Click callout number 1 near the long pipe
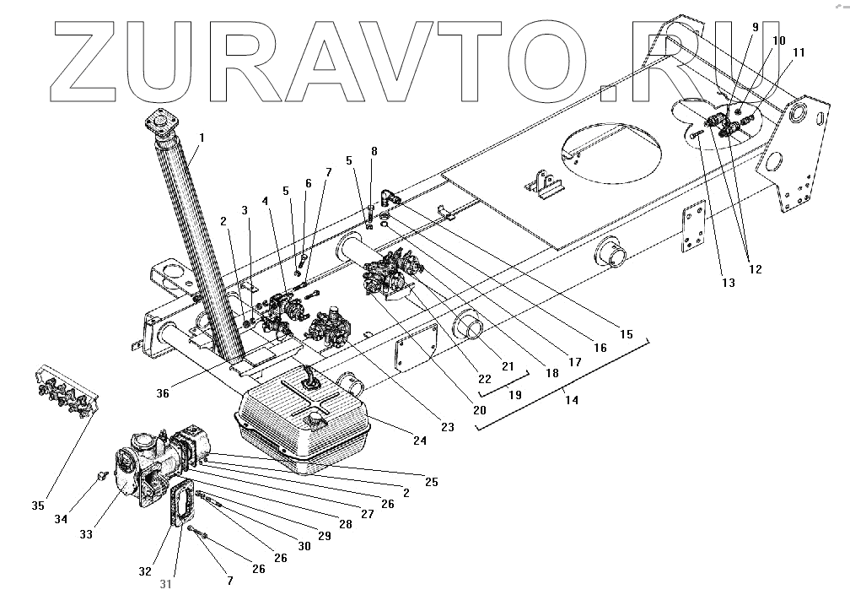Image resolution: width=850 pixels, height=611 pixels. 201,137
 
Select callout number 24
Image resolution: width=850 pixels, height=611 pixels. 419,440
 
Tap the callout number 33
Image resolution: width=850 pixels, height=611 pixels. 87,533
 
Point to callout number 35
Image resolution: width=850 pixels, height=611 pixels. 37,506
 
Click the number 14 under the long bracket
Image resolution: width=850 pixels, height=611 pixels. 571,400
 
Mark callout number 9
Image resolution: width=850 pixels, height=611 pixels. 755,27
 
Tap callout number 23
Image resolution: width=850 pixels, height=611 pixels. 447,427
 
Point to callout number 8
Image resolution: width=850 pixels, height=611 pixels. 374,152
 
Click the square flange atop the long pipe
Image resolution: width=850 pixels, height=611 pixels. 162,124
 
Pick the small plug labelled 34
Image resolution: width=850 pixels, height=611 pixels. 100,475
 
